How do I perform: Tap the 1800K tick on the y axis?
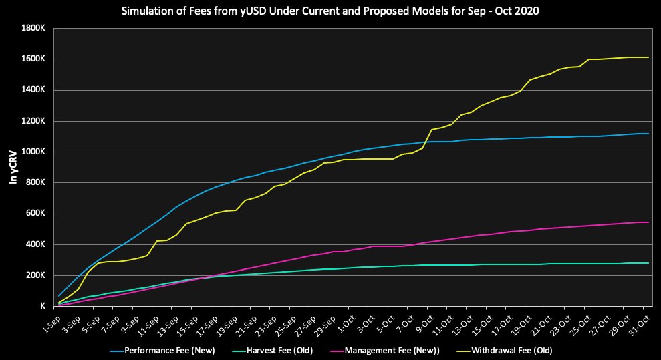pos(32,28)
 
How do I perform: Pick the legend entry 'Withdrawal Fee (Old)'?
pos(512,350)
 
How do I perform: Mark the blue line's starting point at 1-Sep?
pos(59,296)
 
